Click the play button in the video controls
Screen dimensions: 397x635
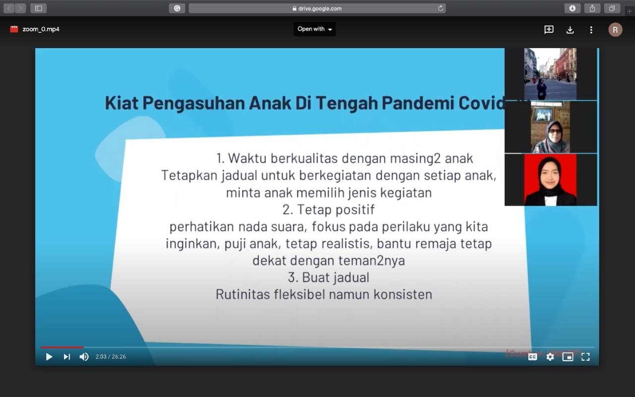click(x=49, y=357)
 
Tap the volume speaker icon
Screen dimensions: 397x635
click(x=84, y=357)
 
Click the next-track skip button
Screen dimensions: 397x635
click(x=66, y=357)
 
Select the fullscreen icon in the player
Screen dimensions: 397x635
click(x=585, y=357)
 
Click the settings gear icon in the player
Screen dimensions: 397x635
click(x=550, y=357)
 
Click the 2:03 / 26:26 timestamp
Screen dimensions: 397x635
click(x=111, y=357)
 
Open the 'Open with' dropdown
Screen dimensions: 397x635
click(x=315, y=29)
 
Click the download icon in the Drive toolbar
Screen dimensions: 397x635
click(x=570, y=30)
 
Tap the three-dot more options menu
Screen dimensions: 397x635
click(x=591, y=30)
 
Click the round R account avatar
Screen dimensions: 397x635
click(x=615, y=30)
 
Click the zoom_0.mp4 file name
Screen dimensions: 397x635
click(x=41, y=29)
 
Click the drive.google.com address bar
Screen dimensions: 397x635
click(x=317, y=8)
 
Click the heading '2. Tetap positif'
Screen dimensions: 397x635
click(x=328, y=209)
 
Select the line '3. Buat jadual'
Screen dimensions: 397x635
click(x=328, y=277)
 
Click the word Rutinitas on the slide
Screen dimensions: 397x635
click(x=243, y=294)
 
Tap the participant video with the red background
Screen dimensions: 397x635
click(x=550, y=180)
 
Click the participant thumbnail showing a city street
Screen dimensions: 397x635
click(x=550, y=74)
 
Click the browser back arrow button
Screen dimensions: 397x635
click(x=9, y=8)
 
